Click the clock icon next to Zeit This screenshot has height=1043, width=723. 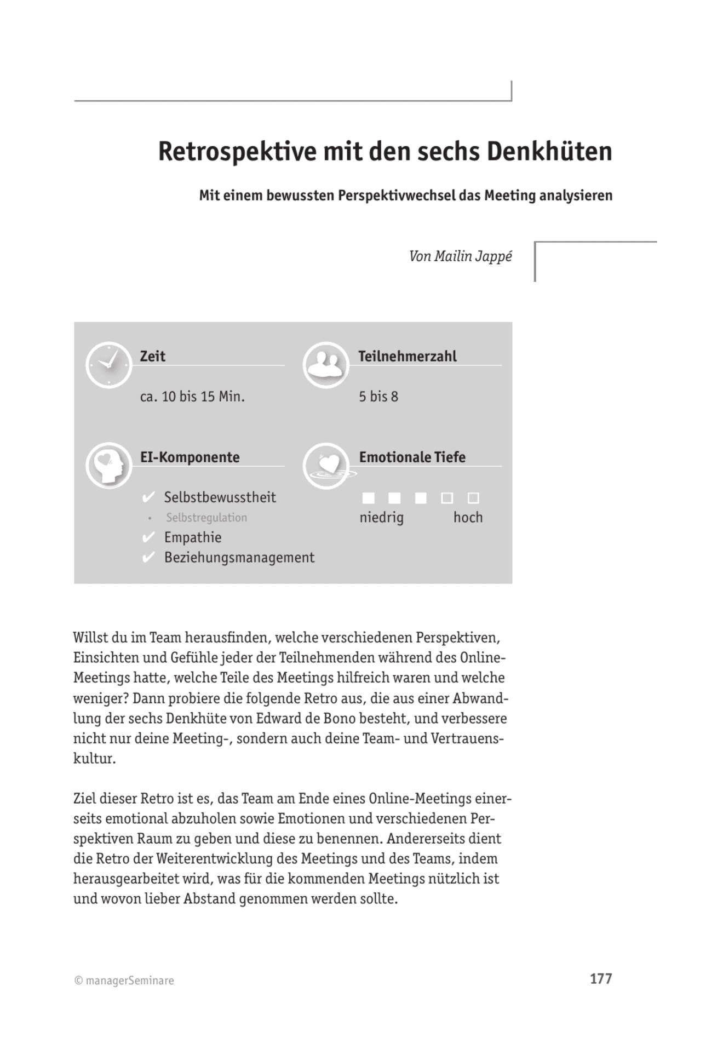tap(108, 365)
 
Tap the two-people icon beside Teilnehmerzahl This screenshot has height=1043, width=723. tap(326, 365)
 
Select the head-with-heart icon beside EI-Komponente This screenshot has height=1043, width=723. tap(108, 466)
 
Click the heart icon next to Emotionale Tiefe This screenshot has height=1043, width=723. tap(326, 466)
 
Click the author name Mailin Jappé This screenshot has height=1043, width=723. tap(473, 256)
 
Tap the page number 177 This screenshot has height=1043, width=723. tap(600, 979)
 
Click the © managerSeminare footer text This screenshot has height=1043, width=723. tap(124, 981)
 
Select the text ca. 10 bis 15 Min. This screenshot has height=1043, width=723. tap(192, 397)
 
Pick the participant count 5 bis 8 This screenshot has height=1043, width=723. tap(378, 397)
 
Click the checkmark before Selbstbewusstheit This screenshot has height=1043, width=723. tap(148, 497)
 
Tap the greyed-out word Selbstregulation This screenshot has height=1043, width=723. tap(206, 518)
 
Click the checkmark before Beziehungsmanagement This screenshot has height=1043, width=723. tap(148, 558)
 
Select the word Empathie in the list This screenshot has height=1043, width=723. tap(193, 537)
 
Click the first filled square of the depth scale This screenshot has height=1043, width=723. tap(369, 498)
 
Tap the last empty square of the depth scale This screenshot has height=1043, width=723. tap(473, 498)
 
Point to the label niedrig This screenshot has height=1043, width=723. tap(381, 518)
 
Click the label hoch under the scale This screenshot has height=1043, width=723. tap(468, 518)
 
